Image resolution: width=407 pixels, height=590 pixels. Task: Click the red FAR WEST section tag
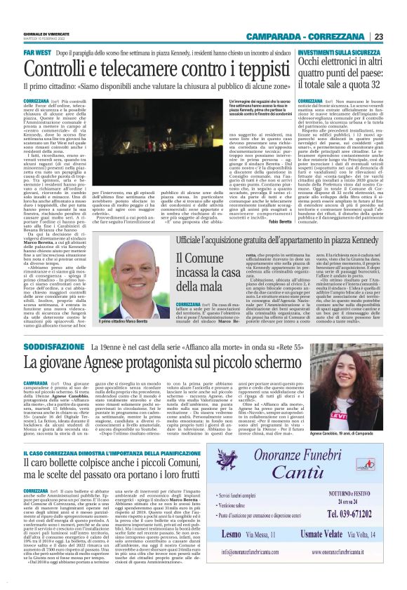point(36,53)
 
